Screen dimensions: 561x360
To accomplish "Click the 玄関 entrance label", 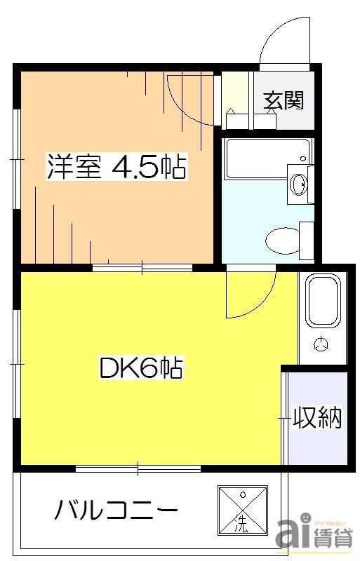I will point(284,101).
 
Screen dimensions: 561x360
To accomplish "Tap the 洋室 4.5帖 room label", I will point(116,168).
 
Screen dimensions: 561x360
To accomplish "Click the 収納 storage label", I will point(316,418).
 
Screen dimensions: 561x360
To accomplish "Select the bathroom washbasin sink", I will point(298,184).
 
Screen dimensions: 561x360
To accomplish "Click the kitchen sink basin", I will point(324,300).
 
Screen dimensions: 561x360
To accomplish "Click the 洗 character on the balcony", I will point(241,522).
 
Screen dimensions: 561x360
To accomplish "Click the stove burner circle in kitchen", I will point(321,344).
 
